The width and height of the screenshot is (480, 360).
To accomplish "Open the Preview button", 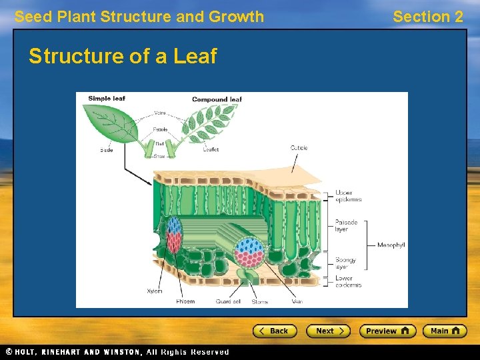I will (387, 331).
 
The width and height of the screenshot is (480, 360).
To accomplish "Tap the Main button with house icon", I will (445, 331).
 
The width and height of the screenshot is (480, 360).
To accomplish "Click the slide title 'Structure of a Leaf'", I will (123, 57).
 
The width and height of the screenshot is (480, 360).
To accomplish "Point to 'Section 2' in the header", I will (427, 17).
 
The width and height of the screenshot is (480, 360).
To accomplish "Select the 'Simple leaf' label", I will (107, 99).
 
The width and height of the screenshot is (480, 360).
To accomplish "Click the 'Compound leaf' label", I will (217, 100).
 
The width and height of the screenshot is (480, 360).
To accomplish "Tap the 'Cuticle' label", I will (299, 147).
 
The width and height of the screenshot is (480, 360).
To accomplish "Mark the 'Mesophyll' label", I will (391, 245).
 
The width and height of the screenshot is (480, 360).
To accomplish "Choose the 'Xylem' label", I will (155, 291).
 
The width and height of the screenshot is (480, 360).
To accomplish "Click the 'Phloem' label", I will (185, 301).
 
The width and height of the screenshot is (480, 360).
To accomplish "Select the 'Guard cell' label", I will (228, 301).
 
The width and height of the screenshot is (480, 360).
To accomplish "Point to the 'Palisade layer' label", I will (346, 226).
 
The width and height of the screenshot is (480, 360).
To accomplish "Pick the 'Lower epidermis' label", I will (348, 281).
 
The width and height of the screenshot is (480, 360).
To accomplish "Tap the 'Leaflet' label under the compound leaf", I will (211, 149).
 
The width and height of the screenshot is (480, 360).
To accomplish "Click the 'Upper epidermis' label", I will (348, 196).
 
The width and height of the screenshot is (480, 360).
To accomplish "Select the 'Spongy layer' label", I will (345, 263).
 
